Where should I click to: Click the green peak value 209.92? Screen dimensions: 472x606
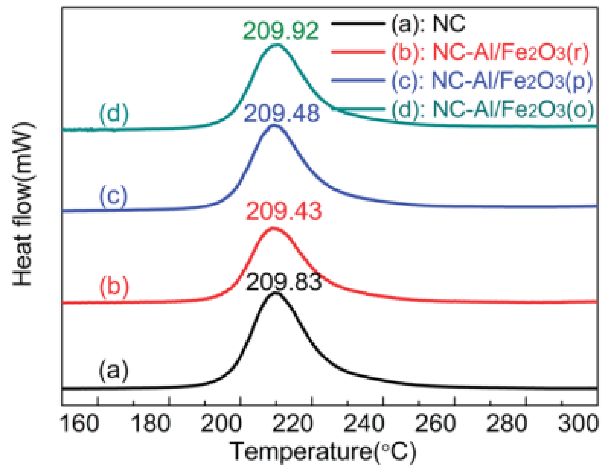[281, 31]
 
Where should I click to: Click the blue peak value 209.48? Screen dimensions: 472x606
[282, 113]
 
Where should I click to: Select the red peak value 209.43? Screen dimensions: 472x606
[284, 211]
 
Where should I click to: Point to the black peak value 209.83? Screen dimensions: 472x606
[284, 282]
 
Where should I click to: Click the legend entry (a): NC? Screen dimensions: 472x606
[428, 24]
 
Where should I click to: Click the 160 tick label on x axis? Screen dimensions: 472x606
[79, 424]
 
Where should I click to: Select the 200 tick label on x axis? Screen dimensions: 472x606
[222, 424]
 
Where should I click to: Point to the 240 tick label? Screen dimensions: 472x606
[364, 424]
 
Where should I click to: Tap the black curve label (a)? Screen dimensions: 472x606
[113, 371]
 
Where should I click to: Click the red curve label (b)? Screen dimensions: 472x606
[114, 286]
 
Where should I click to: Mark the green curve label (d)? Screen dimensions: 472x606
[114, 114]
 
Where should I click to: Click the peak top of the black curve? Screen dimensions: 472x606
[276, 294]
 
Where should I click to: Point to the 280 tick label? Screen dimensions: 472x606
[507, 424]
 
